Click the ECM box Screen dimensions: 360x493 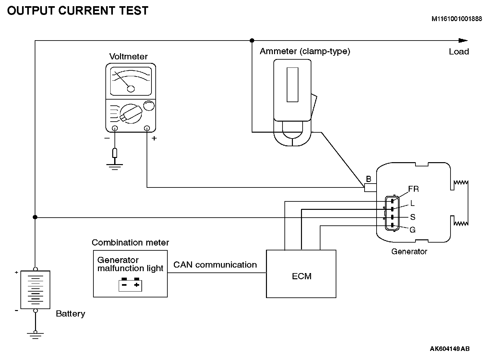click(x=301, y=274)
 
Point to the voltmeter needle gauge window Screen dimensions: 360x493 click(x=131, y=81)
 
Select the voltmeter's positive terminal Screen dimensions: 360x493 click(x=147, y=128)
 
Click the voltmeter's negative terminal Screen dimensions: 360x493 click(x=114, y=128)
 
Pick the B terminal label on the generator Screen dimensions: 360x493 click(x=368, y=179)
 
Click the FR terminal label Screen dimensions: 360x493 click(x=413, y=189)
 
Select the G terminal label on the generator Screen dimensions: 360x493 click(x=413, y=230)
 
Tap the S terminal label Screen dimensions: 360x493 click(x=413, y=217)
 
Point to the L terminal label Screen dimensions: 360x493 click(x=413, y=203)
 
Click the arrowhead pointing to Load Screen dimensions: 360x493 click(x=463, y=41)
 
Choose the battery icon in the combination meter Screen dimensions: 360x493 click(x=130, y=284)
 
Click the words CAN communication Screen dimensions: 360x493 click(x=215, y=265)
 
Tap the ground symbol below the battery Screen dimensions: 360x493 click(x=35, y=335)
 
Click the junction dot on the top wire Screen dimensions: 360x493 click(x=252, y=41)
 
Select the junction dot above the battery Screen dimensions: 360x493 click(x=35, y=217)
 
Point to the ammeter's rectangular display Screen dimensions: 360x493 click(x=292, y=85)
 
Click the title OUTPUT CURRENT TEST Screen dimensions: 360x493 click(x=78, y=11)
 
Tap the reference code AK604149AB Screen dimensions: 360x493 click(x=450, y=349)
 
